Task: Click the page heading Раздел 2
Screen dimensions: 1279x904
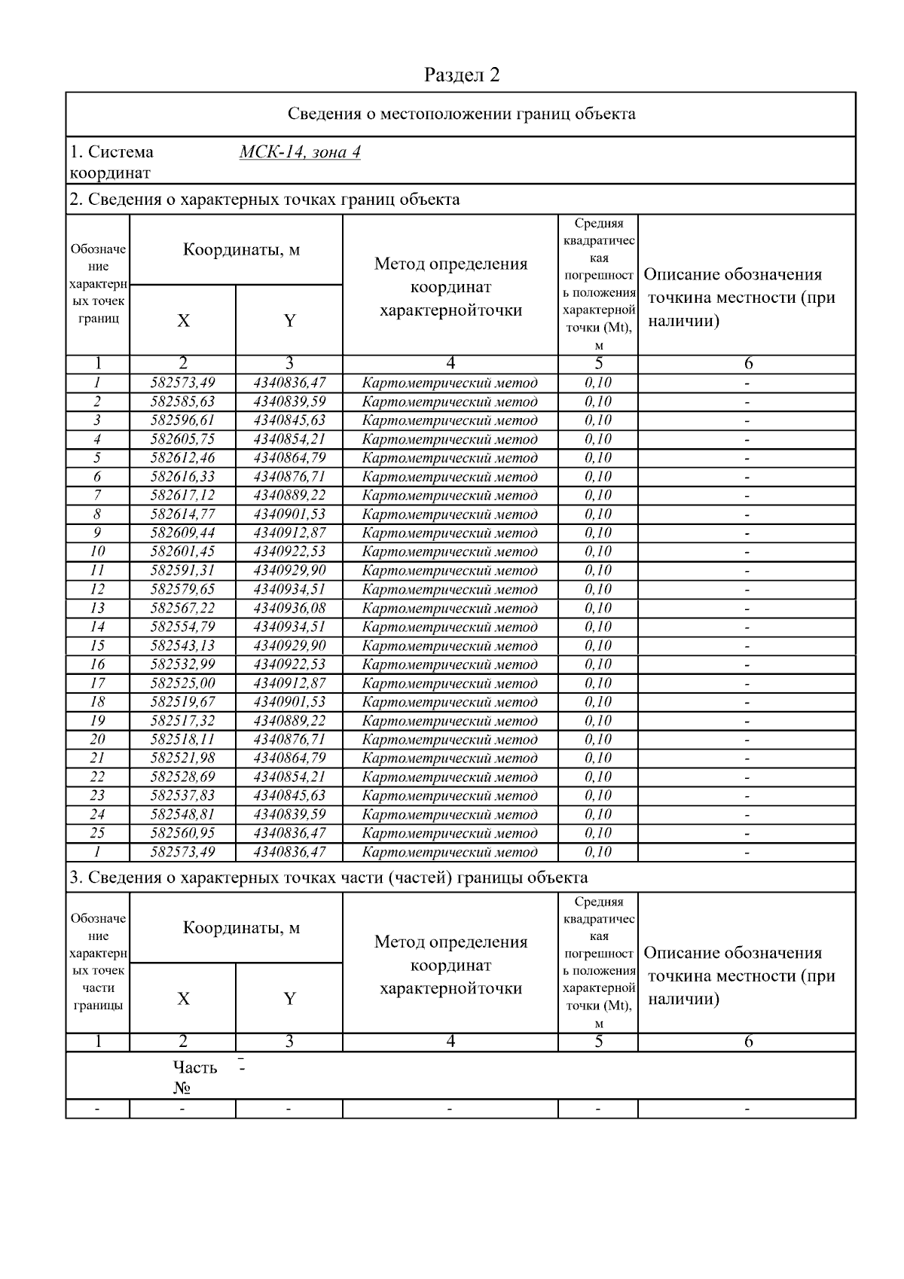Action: (461, 75)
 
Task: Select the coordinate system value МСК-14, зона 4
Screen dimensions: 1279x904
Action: (299, 152)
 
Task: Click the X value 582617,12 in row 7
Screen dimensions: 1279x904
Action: (182, 496)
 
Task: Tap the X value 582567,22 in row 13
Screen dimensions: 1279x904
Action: (182, 608)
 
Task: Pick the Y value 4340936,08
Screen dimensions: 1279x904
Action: (289, 608)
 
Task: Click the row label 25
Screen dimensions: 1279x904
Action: (97, 833)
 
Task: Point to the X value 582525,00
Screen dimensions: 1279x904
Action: (182, 683)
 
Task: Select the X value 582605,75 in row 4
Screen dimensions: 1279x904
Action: (182, 439)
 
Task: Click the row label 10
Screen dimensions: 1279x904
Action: (97, 551)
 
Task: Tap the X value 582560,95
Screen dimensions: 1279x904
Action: (182, 833)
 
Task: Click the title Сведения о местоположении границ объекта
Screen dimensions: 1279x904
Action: (461, 114)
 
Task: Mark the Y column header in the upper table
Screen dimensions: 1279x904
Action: (289, 321)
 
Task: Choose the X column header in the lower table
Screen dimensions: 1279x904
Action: (183, 999)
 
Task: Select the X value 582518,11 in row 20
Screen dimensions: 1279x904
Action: (182, 740)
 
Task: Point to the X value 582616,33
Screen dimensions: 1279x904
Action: (182, 477)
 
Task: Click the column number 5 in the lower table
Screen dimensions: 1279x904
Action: (598, 1042)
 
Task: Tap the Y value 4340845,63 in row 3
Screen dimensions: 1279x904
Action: (289, 420)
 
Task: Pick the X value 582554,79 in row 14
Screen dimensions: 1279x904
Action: (182, 627)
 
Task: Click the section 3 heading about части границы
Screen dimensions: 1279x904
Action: (328, 878)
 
